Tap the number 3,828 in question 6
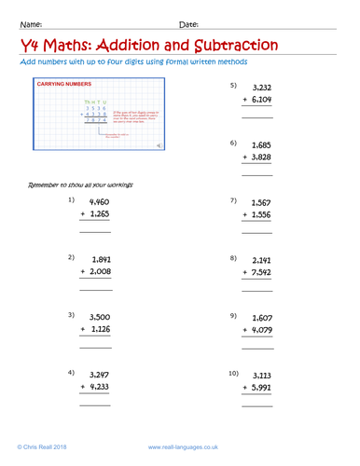[261, 158]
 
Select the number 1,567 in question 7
[261, 202]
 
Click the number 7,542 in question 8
[261, 271]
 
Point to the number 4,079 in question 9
[261, 330]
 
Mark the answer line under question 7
[257, 231]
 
